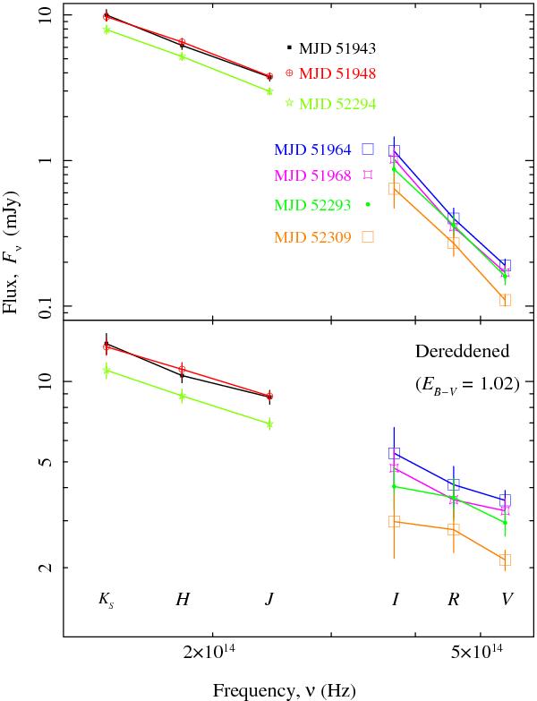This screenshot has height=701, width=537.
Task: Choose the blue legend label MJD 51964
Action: pyautogui.click(x=312, y=150)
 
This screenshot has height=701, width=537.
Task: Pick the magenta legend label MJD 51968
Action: pyautogui.click(x=312, y=175)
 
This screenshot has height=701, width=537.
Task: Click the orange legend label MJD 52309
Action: pyautogui.click(x=312, y=237)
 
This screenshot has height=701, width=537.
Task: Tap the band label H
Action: pyautogui.click(x=183, y=599)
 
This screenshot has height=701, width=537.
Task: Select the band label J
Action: pyautogui.click(x=269, y=599)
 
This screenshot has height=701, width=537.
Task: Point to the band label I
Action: pyautogui.click(x=395, y=599)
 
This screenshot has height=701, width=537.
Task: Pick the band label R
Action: pyautogui.click(x=454, y=599)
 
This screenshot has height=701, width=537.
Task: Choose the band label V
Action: pyautogui.click(x=507, y=599)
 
